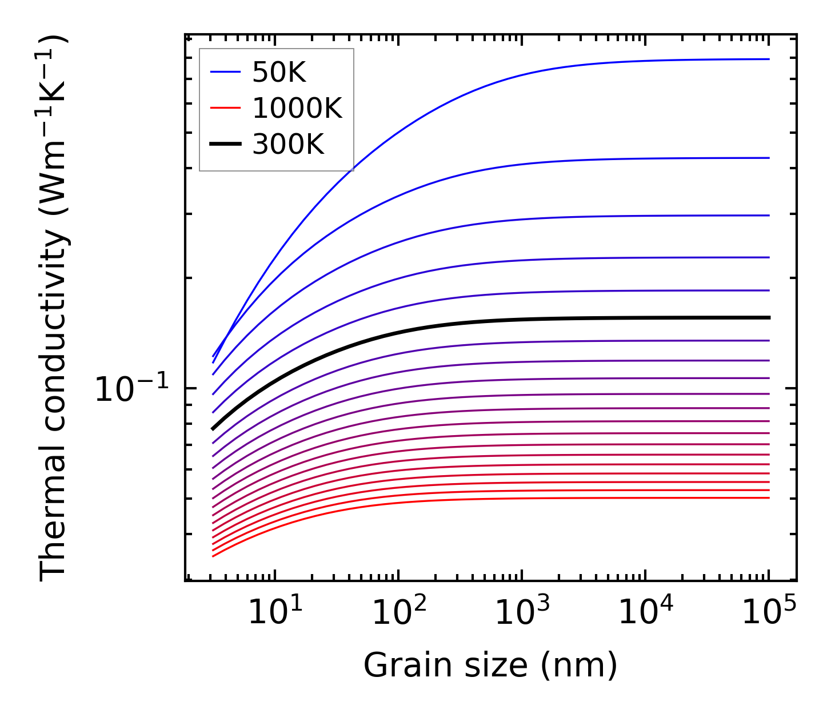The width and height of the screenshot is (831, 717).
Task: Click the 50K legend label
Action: click(x=279, y=73)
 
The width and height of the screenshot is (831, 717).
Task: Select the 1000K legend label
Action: click(x=297, y=108)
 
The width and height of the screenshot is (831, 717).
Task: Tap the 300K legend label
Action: click(x=288, y=145)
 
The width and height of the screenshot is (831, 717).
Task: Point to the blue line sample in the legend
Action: click(x=225, y=72)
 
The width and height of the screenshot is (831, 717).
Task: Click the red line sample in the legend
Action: click(x=225, y=108)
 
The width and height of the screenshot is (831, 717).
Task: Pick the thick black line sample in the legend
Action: click(x=225, y=144)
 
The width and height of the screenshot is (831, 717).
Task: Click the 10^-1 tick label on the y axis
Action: click(x=132, y=390)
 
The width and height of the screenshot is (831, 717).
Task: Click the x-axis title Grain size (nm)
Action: click(x=490, y=666)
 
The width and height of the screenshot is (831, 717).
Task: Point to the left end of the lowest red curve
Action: click(x=213, y=556)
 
